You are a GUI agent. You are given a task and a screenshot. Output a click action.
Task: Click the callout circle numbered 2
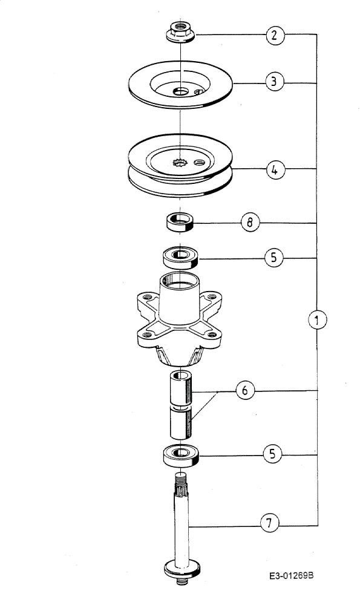[x=275, y=36]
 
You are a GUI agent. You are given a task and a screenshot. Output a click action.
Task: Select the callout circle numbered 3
[x=274, y=82]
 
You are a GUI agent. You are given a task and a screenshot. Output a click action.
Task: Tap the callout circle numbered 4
[x=275, y=169]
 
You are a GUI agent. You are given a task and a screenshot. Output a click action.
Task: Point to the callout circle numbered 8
[x=250, y=223]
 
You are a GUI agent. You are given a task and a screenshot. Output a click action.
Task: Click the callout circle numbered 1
[x=317, y=319]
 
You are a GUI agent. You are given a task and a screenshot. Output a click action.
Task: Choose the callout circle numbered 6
[x=245, y=390]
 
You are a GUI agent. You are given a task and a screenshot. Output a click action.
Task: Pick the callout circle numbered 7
[x=269, y=523]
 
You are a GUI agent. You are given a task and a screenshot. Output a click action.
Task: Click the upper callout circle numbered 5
[x=274, y=257]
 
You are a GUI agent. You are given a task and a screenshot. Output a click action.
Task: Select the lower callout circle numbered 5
[x=273, y=454]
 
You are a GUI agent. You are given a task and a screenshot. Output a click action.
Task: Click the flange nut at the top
[x=180, y=33]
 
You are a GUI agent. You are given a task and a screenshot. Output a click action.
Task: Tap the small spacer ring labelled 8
[x=180, y=221]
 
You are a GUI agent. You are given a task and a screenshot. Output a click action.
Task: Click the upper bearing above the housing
[x=180, y=257]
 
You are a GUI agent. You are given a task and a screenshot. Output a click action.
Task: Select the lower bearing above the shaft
[x=180, y=456]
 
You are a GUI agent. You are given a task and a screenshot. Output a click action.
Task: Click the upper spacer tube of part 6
[x=180, y=388]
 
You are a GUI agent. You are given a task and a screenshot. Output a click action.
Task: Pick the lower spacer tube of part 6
[x=180, y=422]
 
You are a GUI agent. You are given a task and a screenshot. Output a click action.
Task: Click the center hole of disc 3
[x=180, y=91]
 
